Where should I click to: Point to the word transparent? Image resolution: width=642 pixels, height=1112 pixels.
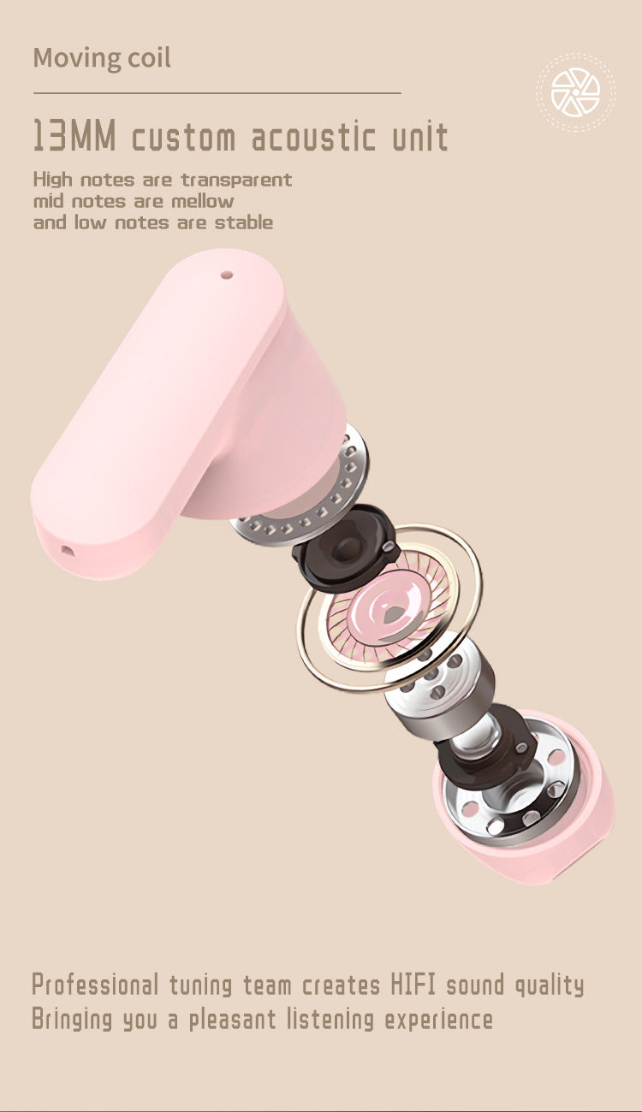[x=236, y=180]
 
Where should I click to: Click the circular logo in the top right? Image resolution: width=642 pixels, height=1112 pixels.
[x=575, y=92]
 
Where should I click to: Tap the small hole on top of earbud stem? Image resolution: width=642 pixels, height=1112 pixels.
[x=227, y=275]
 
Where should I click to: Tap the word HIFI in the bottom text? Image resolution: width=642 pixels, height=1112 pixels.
[x=414, y=985]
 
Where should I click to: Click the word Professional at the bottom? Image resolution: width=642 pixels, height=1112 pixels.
[x=95, y=985]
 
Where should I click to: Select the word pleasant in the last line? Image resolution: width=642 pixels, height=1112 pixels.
[x=234, y=1020]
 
